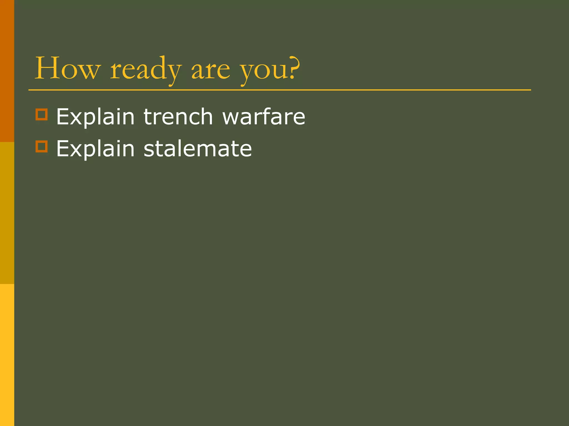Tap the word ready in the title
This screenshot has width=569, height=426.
click(x=146, y=69)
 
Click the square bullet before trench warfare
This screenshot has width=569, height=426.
click(x=42, y=114)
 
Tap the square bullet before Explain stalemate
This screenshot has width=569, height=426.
click(x=42, y=146)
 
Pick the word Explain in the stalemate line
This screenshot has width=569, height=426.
click(x=95, y=149)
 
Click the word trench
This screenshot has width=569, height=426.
click(x=178, y=116)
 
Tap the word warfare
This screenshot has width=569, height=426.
click(x=264, y=116)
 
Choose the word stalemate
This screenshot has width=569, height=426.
click(x=198, y=149)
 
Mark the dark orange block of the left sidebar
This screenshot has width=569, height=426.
click(x=7, y=71)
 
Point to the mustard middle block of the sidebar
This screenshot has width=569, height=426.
click(x=7, y=213)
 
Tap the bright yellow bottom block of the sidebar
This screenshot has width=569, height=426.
click(x=7, y=355)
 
